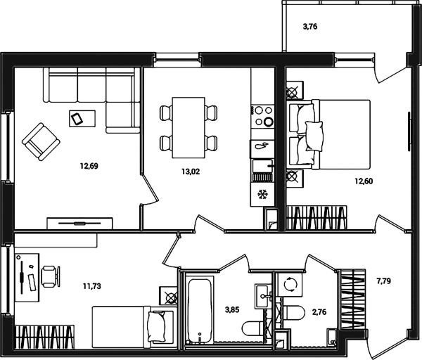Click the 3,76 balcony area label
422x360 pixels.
(x=310, y=27)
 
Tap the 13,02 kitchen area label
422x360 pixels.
(x=191, y=172)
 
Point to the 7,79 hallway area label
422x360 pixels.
(x=383, y=281)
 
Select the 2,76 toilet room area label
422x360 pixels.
(x=319, y=312)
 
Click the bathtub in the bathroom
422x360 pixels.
(x=200, y=311)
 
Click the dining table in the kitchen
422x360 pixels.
(x=188, y=127)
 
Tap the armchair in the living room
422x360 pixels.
(x=41, y=141)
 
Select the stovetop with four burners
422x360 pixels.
(x=262, y=116)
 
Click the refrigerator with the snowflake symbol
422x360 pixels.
(x=262, y=195)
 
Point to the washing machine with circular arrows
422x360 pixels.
(x=290, y=284)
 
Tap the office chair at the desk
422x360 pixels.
(x=51, y=276)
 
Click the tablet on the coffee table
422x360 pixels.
(x=77, y=119)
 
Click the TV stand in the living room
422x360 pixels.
(x=79, y=224)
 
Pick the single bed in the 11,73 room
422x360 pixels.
(x=134, y=327)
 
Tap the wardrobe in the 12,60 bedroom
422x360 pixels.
(x=316, y=218)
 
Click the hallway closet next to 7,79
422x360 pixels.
(x=352, y=300)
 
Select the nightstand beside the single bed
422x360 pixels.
(x=169, y=296)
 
